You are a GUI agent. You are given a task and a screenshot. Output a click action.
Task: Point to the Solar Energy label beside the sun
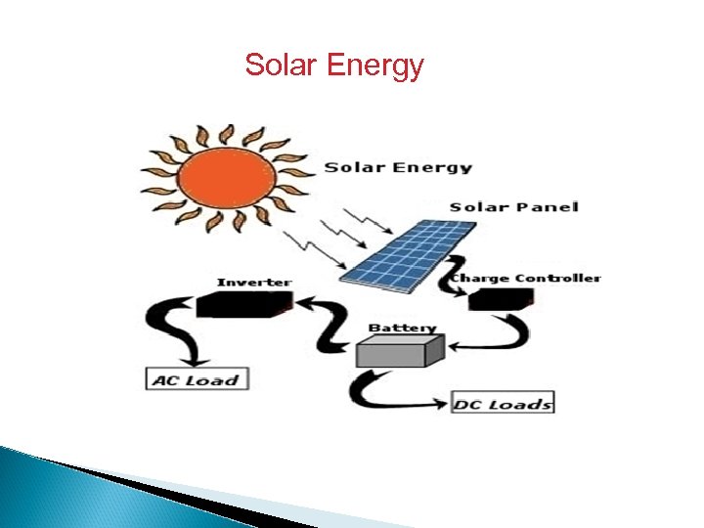click(398, 167)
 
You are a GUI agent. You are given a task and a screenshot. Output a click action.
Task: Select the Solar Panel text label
click(513, 206)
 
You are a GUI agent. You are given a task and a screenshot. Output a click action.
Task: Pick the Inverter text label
click(253, 283)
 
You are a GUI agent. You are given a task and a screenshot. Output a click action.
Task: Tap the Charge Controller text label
click(525, 278)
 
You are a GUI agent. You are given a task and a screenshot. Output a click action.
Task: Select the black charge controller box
click(500, 299)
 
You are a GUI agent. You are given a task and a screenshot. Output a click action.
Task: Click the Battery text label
click(402, 328)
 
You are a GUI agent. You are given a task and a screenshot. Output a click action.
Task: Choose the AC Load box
click(197, 379)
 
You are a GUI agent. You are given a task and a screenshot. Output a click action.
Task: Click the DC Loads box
click(503, 403)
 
